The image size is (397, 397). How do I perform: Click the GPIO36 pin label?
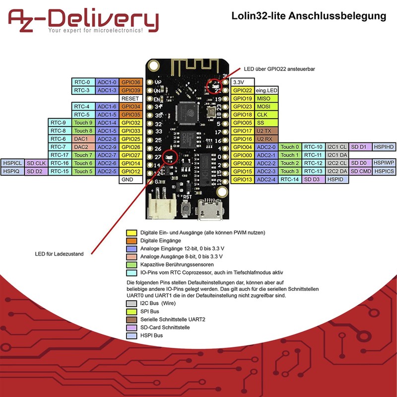(x=131, y=82)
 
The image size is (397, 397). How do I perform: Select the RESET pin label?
(x=131, y=98)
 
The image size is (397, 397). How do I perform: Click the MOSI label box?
(x=264, y=106)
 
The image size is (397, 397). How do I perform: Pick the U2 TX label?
(x=264, y=131)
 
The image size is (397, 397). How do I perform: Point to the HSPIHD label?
(x=384, y=147)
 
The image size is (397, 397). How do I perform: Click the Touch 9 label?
(x=83, y=123)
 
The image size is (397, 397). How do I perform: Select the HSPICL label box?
(x=12, y=163)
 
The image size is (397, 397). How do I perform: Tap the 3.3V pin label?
(x=241, y=82)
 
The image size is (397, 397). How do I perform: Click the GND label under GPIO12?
(x=131, y=180)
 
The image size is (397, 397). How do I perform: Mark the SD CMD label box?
(x=360, y=171)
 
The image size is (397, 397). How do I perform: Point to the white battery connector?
(x=160, y=205)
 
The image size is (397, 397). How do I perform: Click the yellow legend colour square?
(x=132, y=233)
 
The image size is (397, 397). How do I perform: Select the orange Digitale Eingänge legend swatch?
(x=132, y=241)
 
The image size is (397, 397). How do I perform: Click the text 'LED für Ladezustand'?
(x=59, y=254)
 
